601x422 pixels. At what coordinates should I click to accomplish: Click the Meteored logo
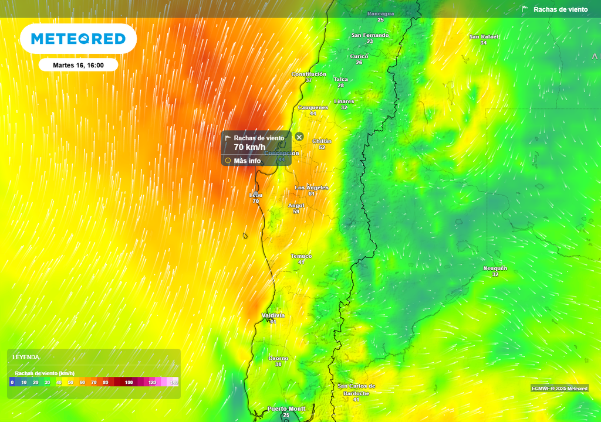(x=78, y=39)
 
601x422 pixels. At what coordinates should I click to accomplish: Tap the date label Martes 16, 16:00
(x=78, y=65)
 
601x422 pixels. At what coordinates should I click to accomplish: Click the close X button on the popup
(x=299, y=137)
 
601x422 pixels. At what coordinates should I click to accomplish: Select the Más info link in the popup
(x=247, y=161)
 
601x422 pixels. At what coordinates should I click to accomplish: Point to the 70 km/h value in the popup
(x=249, y=147)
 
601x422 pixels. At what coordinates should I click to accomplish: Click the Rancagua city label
(x=380, y=13)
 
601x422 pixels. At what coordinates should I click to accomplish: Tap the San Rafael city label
(x=484, y=37)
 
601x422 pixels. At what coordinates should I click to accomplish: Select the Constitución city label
(x=309, y=74)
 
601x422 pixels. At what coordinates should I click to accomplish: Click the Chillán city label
(x=322, y=141)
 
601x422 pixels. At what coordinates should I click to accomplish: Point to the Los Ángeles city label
(x=311, y=188)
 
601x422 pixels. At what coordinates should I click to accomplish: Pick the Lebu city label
(x=256, y=195)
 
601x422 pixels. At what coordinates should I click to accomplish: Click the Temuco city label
(x=301, y=256)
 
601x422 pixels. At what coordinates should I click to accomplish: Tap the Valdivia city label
(x=273, y=315)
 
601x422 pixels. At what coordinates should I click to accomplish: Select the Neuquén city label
(x=495, y=268)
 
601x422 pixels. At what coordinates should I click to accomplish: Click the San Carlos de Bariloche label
(x=356, y=389)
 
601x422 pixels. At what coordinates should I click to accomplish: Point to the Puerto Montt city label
(x=286, y=409)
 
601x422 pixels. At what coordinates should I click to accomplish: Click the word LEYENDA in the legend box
(x=26, y=357)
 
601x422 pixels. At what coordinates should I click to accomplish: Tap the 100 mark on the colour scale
(x=129, y=382)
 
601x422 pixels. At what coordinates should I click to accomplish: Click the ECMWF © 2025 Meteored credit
(x=559, y=389)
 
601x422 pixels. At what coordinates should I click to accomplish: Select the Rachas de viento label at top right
(x=560, y=9)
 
